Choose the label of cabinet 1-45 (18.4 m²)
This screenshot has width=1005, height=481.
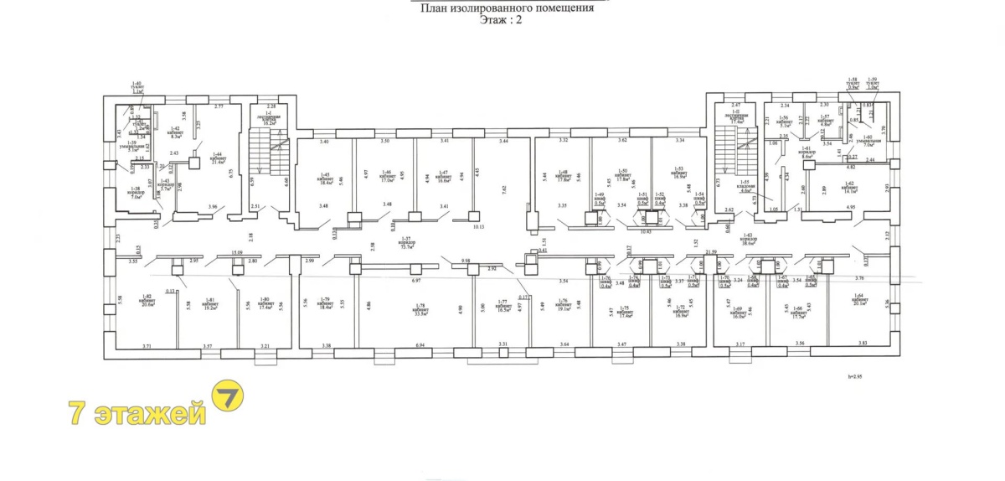(x=324, y=176)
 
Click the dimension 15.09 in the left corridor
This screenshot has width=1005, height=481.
(x=237, y=252)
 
